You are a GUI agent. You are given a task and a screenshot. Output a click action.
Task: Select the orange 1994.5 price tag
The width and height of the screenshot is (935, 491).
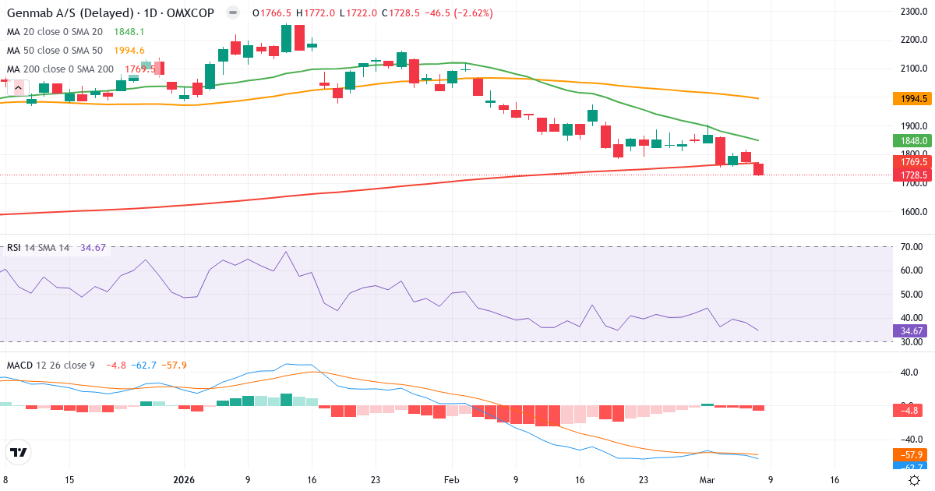pos(911,99)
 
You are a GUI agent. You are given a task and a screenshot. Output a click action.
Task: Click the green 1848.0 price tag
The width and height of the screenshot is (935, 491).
pos(911,141)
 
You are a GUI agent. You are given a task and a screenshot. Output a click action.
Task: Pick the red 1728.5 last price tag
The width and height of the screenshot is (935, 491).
pos(911,175)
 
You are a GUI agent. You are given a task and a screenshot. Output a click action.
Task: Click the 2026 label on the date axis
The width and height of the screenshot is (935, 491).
pos(184,480)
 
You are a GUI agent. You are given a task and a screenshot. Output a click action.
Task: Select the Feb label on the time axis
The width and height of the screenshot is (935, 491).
pos(452,480)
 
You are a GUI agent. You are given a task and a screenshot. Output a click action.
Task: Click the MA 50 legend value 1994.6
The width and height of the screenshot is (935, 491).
pos(129,50)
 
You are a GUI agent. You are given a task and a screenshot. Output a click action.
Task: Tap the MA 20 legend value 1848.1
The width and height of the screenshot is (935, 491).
pos(129,31)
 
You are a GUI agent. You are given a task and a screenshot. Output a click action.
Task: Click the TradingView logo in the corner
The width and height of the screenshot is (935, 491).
pos(18,453)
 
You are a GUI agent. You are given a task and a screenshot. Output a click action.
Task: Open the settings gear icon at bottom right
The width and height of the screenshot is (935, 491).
pos(916,480)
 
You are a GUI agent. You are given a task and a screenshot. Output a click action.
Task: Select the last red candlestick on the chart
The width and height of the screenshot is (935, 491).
pos(758,169)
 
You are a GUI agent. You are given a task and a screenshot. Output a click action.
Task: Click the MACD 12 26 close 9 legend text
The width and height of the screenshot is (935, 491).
pos(51,365)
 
